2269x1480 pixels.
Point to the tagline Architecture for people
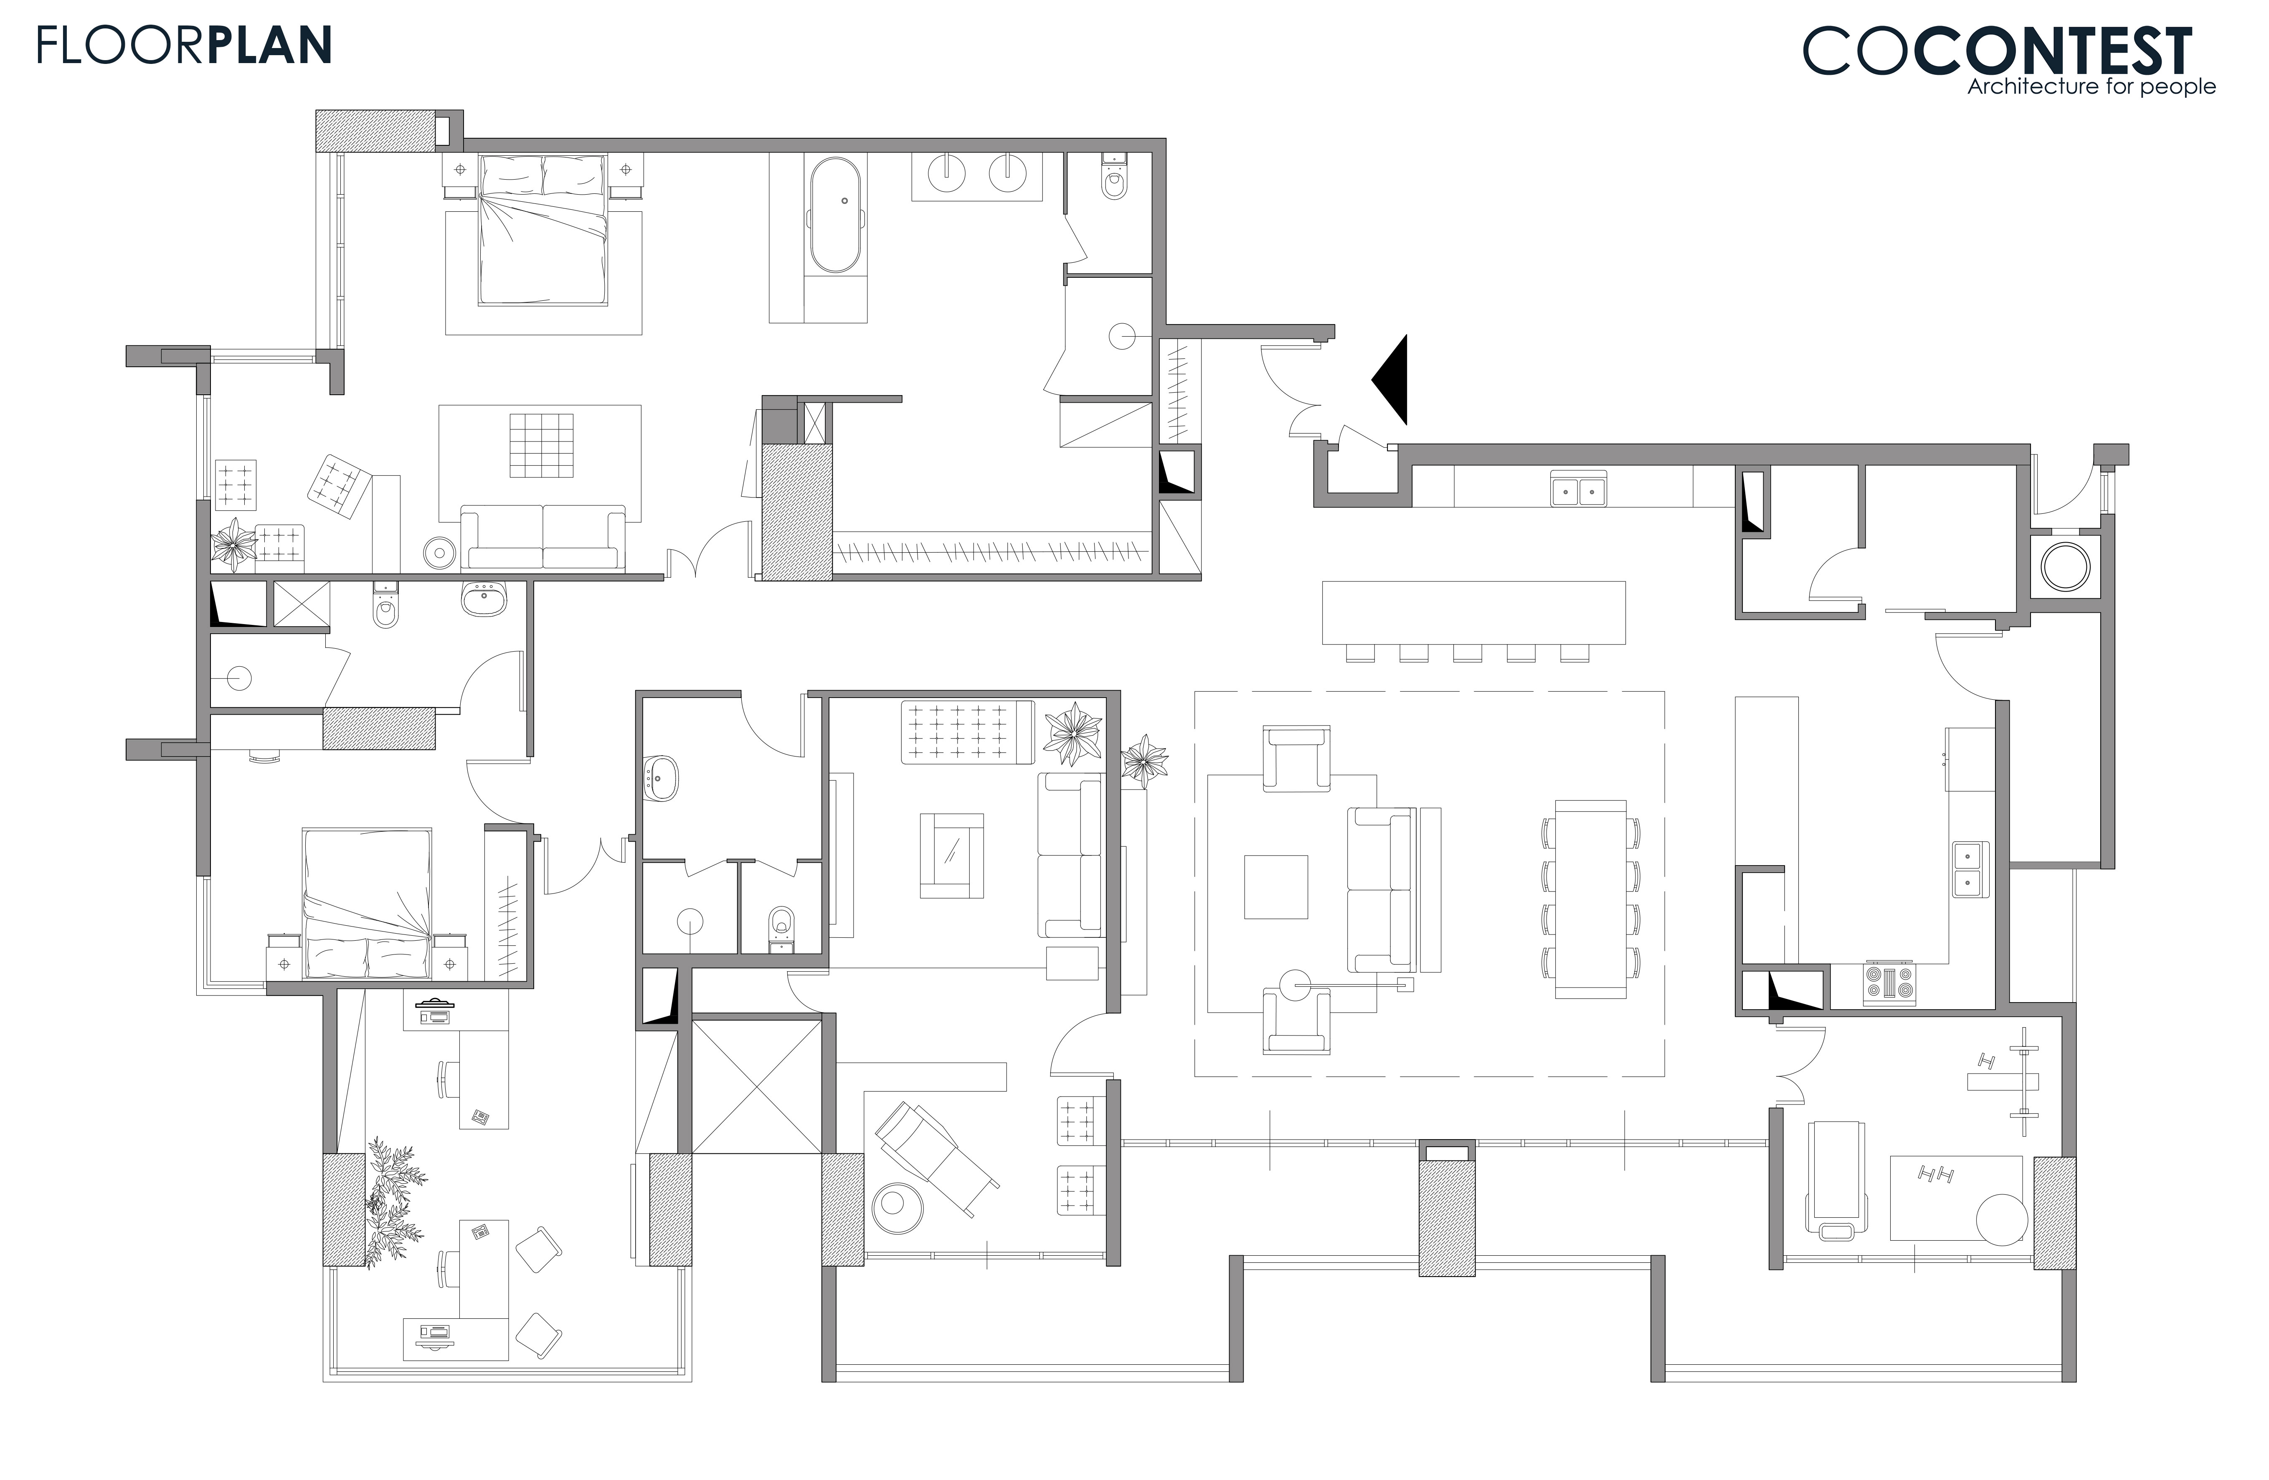point(2092,87)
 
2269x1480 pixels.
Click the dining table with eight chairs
point(1590,898)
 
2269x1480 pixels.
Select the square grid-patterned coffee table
point(540,445)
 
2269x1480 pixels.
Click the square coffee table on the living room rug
point(1275,887)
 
